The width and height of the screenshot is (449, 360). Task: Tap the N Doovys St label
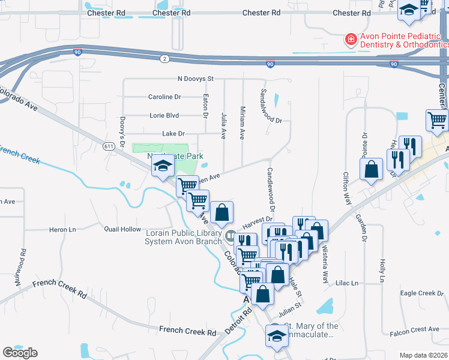(196, 79)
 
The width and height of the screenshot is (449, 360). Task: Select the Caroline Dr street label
(164, 97)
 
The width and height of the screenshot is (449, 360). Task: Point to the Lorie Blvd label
(164, 115)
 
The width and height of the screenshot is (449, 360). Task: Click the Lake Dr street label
(173, 133)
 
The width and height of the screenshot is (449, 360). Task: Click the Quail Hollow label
(122, 229)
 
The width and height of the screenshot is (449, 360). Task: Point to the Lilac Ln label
(346, 283)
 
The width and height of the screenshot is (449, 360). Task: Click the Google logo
(20, 353)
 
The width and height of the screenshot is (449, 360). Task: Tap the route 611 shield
(109, 146)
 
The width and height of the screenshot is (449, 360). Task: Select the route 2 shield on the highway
(164, 58)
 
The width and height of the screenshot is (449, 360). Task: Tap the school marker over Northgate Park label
(161, 167)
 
